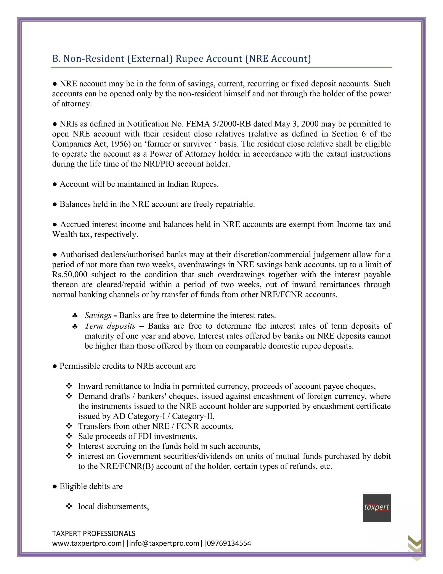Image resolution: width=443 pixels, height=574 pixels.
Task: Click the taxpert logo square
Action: click(377, 508)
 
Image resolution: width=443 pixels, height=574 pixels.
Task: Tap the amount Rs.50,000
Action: click(70, 275)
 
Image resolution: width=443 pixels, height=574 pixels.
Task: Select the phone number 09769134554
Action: click(229, 543)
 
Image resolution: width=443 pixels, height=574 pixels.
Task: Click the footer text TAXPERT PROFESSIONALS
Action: click(94, 533)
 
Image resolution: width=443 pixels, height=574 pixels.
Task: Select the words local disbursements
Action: click(113, 506)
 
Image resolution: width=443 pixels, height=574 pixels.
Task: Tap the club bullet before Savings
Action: click(75, 315)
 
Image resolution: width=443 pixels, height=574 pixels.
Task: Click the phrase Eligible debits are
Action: click(91, 486)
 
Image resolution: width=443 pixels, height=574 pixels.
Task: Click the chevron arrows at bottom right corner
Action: click(415, 547)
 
